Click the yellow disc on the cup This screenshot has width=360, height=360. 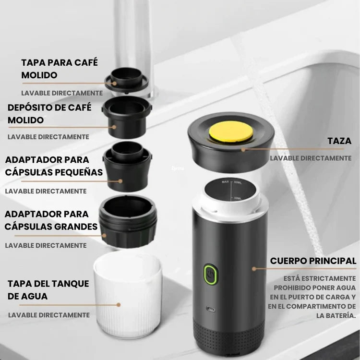coord(231,132)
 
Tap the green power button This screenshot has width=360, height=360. coord(211,275)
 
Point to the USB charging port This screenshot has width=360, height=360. coord(211,309)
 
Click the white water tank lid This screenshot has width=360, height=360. coord(128,294)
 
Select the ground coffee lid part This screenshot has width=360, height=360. coord(127,80)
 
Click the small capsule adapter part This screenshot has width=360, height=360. coord(127,166)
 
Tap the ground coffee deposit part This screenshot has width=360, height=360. coord(127,117)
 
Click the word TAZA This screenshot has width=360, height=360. coord(339,141)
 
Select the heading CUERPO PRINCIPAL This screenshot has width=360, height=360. coord(313,261)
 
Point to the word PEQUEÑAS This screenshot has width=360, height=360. coord(79,172)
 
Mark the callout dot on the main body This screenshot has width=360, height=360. coord(254,269)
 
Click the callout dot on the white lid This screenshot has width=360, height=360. coord(119,305)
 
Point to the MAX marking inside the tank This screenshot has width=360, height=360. coord(225,182)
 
